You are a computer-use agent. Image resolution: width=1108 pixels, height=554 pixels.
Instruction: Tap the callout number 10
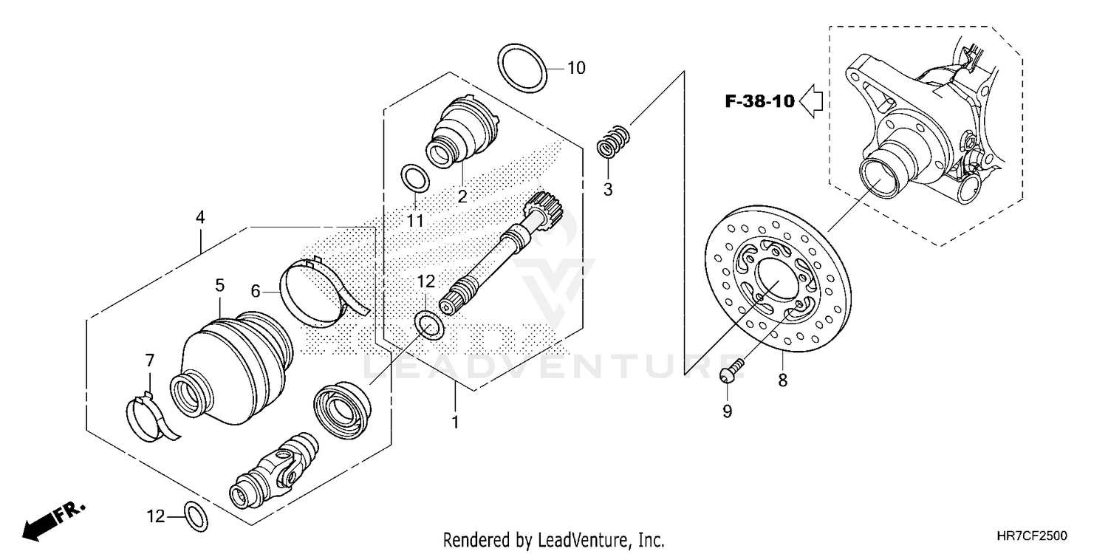click(x=576, y=68)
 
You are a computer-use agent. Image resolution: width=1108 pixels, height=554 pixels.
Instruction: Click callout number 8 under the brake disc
click(x=782, y=380)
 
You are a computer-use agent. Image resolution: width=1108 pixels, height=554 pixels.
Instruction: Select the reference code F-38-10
click(x=759, y=101)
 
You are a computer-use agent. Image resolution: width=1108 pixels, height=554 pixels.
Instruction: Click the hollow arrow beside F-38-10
click(x=813, y=101)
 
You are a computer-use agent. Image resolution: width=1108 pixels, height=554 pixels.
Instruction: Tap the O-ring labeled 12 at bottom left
click(x=194, y=516)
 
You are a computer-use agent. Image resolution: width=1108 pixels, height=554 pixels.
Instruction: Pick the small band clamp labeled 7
click(x=152, y=415)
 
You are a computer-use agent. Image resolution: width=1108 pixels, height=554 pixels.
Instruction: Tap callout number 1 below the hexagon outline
click(x=455, y=423)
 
